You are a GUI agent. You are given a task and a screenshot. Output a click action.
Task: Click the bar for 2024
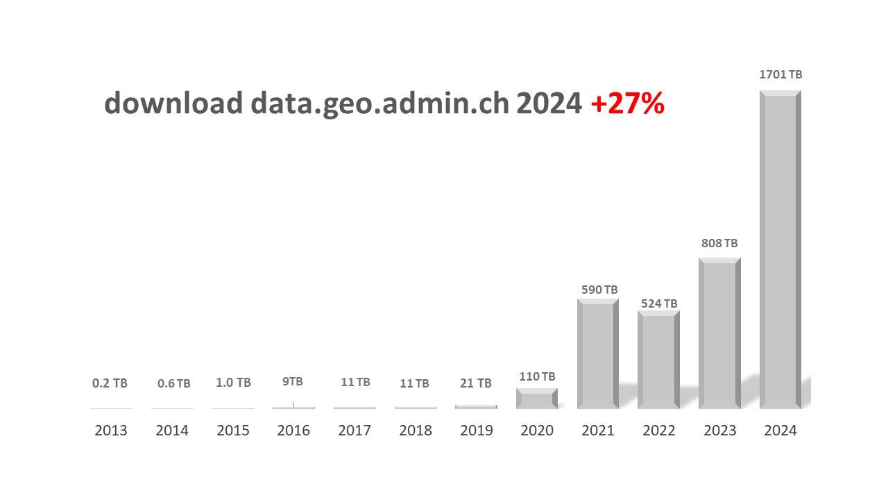[x=780, y=250]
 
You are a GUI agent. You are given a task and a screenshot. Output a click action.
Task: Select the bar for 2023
[x=719, y=333]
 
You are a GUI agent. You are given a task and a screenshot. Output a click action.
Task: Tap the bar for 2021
[x=597, y=354]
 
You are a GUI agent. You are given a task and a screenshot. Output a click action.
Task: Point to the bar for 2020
[x=537, y=399]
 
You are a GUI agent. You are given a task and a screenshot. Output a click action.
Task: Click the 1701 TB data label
[x=780, y=74]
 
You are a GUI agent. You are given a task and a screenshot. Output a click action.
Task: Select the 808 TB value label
[x=719, y=243]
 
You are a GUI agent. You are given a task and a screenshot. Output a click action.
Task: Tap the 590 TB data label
[x=599, y=290]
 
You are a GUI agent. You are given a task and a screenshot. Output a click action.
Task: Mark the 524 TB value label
[x=659, y=303]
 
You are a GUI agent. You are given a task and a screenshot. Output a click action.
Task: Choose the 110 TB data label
[x=537, y=376]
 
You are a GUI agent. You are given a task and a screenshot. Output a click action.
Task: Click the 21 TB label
[x=476, y=383]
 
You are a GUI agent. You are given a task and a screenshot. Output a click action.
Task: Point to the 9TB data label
[x=292, y=381]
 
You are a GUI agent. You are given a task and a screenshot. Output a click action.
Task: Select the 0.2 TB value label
[x=110, y=383]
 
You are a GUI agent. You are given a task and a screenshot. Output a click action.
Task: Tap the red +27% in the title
[x=627, y=103]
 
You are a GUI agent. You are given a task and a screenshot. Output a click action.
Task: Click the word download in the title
[x=173, y=103]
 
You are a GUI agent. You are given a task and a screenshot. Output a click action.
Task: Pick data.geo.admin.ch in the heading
[x=380, y=103]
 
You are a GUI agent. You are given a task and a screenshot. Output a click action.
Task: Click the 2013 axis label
[x=111, y=431]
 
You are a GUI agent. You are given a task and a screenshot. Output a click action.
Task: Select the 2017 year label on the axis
[x=355, y=431]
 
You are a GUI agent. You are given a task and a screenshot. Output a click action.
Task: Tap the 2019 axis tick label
[x=476, y=431]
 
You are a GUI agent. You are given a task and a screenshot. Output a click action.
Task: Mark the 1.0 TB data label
[x=233, y=383]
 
